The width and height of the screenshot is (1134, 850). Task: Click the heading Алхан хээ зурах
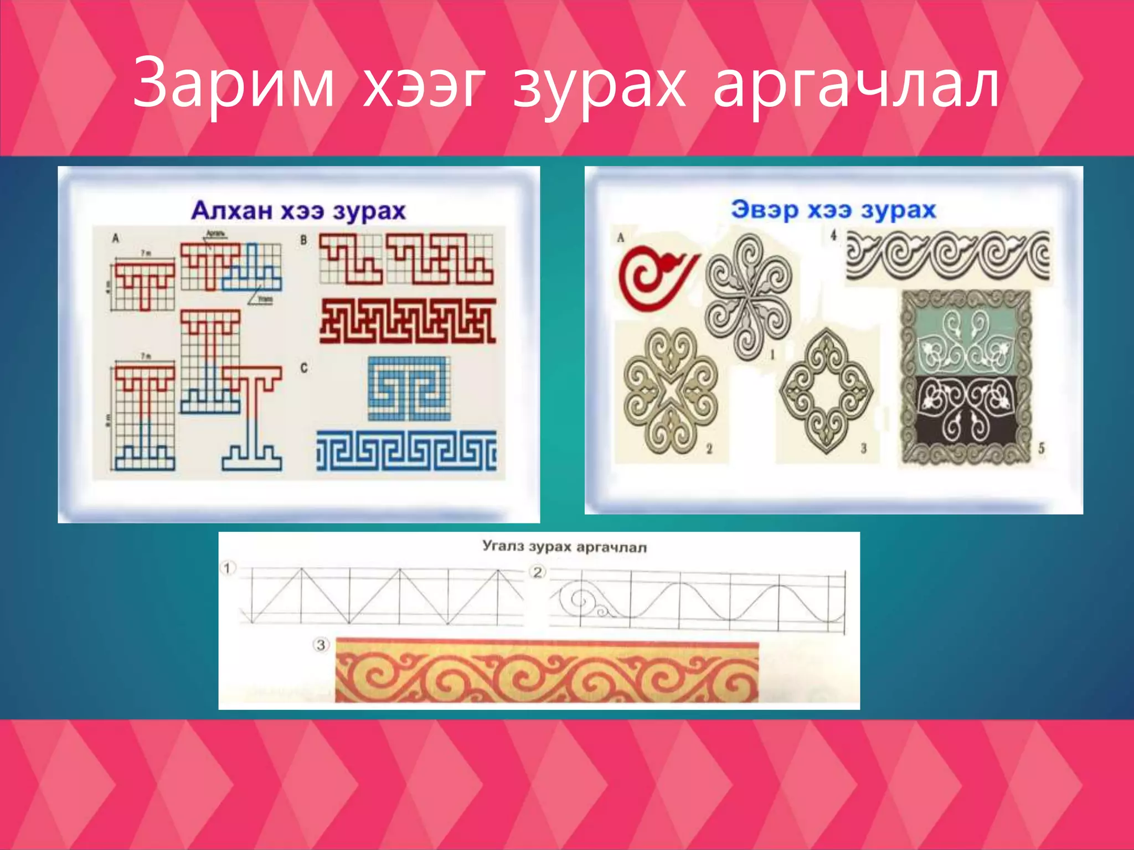click(298, 210)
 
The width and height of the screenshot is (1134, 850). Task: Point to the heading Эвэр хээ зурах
click(833, 209)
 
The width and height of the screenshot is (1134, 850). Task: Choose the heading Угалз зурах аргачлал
click(564, 546)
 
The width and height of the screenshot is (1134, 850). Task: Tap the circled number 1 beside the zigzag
click(228, 568)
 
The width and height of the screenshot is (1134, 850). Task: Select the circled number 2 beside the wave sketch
click(538, 572)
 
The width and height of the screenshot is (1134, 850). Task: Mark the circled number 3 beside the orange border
click(321, 645)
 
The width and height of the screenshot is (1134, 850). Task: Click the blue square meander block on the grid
click(409, 388)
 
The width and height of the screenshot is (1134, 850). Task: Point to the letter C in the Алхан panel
click(303, 368)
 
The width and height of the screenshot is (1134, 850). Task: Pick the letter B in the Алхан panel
click(303, 240)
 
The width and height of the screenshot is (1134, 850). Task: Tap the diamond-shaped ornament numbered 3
click(827, 390)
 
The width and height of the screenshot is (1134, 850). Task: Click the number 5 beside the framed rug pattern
click(1041, 448)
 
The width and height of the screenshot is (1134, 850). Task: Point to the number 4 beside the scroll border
click(833, 236)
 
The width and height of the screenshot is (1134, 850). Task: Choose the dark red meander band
click(408, 321)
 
